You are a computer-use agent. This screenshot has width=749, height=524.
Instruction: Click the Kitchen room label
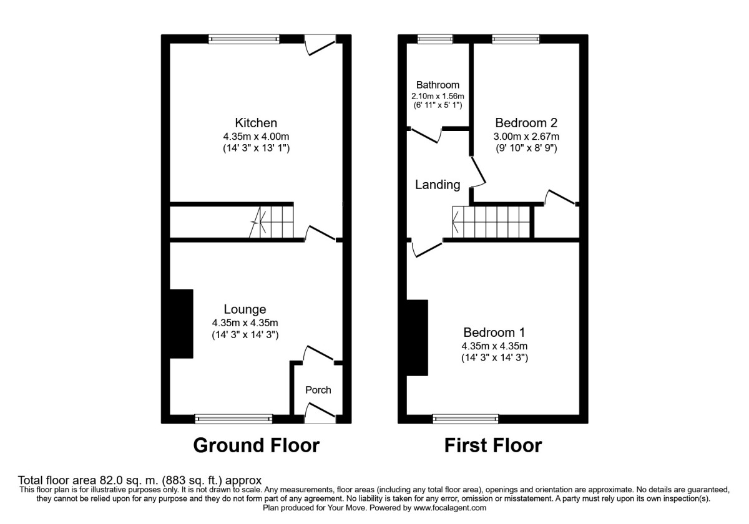256,123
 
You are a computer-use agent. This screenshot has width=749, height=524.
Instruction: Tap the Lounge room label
245,309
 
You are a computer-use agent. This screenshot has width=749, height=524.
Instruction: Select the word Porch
318,390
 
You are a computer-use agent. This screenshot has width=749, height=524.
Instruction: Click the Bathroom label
438,85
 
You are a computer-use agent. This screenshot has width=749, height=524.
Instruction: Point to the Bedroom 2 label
526,123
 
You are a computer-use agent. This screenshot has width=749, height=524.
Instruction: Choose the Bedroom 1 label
494,332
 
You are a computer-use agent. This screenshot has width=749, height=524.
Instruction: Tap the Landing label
438,185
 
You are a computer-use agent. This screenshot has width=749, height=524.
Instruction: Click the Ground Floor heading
257,445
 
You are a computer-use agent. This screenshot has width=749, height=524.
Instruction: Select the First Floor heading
493,445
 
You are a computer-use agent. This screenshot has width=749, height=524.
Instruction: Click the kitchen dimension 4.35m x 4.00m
256,137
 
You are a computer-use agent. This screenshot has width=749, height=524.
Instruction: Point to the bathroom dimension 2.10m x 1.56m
438,96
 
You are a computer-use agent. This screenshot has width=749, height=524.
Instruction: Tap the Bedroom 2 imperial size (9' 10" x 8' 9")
526,148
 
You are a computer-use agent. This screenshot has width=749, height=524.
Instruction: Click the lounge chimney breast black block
182,324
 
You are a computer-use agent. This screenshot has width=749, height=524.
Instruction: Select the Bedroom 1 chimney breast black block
418,337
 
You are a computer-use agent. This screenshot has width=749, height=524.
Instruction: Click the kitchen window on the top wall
244,39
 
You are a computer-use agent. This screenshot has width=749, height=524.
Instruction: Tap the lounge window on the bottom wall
233,419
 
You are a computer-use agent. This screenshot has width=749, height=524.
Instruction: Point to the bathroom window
435,39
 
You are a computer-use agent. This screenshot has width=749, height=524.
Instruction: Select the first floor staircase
491,221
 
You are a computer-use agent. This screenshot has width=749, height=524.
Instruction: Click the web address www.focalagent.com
450,508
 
